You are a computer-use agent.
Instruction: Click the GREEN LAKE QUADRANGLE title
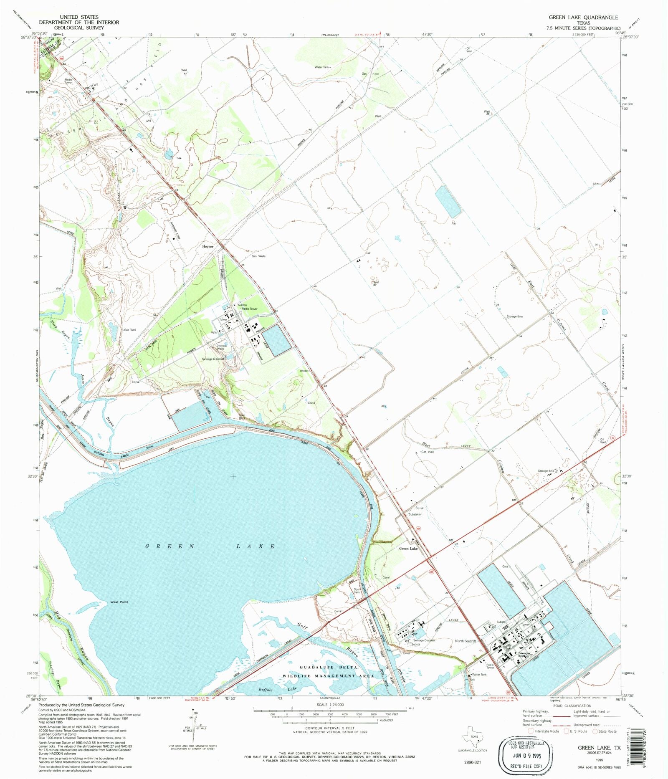click(583, 18)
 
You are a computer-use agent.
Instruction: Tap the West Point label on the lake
click(119, 602)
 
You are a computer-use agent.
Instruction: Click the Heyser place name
click(207, 247)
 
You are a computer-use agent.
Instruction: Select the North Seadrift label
click(465, 641)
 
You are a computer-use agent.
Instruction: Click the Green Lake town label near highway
click(408, 549)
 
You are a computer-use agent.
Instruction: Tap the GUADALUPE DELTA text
click(328, 668)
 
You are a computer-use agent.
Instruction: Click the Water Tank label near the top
click(322, 67)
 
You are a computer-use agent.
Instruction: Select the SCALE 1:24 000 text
click(330, 705)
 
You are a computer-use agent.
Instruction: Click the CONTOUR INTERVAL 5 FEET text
click(330, 728)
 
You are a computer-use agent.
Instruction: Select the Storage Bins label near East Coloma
click(514, 316)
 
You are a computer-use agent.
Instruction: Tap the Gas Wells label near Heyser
click(258, 256)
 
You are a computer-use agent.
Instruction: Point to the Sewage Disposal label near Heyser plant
click(213, 359)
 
